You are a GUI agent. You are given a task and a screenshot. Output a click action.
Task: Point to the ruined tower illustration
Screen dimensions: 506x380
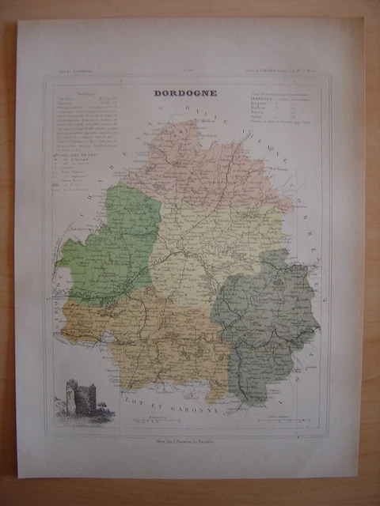point(81,397)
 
